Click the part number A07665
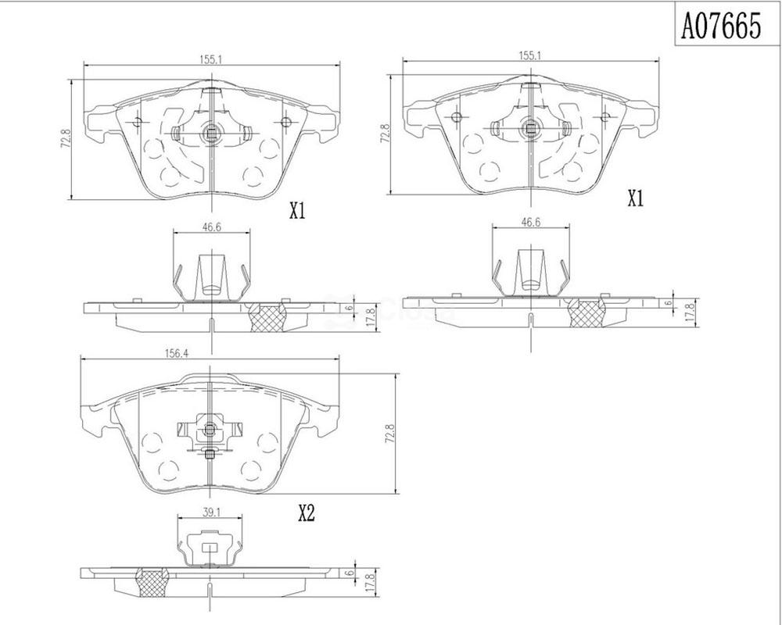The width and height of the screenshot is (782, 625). [x=722, y=26]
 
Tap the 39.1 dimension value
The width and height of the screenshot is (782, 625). [x=210, y=512]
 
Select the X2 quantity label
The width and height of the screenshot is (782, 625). [x=307, y=512]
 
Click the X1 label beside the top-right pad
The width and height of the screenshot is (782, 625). [x=635, y=199]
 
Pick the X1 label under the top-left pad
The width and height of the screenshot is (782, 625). [x=296, y=212]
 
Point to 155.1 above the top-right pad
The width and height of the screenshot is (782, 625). [x=530, y=55]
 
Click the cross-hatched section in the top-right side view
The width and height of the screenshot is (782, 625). [x=587, y=312]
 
